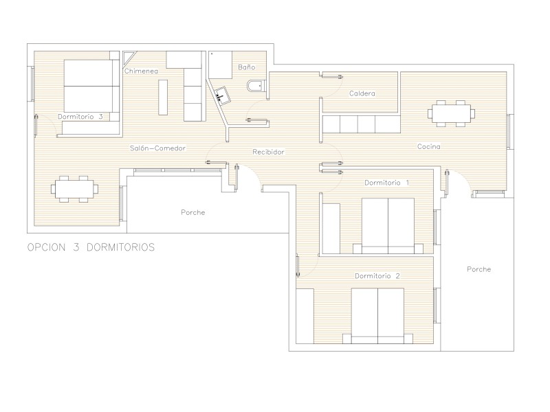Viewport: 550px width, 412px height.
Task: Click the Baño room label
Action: coord(247,67)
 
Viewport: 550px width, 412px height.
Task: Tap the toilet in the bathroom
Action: coord(254,86)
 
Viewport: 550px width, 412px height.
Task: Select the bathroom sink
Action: coord(221,95)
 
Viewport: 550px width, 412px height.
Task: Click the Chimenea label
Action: coord(141,71)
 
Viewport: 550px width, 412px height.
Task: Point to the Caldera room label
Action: coord(362,93)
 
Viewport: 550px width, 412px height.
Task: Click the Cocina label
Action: coord(428,146)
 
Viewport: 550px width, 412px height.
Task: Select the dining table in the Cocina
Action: coord(452,113)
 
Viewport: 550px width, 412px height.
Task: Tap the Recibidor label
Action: coord(268,152)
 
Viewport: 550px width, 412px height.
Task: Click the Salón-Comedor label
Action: coord(158,148)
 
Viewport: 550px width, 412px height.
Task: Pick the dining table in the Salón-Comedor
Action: coord(74,190)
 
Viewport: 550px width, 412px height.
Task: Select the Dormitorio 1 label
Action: coord(386,183)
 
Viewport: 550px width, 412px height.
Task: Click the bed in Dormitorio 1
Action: coord(388,226)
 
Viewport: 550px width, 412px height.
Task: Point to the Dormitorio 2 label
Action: coord(377,276)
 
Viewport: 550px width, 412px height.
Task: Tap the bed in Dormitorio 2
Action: coord(377,316)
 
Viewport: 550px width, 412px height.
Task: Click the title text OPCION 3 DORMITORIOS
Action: coord(91,247)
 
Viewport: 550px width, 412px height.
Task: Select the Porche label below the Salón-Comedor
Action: coord(193,212)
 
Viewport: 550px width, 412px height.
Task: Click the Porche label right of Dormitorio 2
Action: coord(478,269)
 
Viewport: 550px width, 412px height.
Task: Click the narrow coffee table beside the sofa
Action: coord(163,97)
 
